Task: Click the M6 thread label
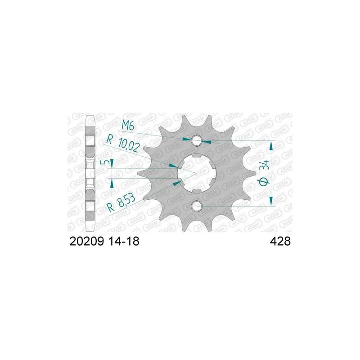pyautogui.click(x=128, y=126)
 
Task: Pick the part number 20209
pyautogui.click(x=87, y=241)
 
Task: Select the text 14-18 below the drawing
pyautogui.click(x=124, y=241)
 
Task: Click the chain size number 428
pyautogui.click(x=280, y=241)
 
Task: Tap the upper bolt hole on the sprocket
pyautogui.click(x=197, y=140)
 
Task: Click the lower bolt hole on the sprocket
pyautogui.click(x=197, y=206)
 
